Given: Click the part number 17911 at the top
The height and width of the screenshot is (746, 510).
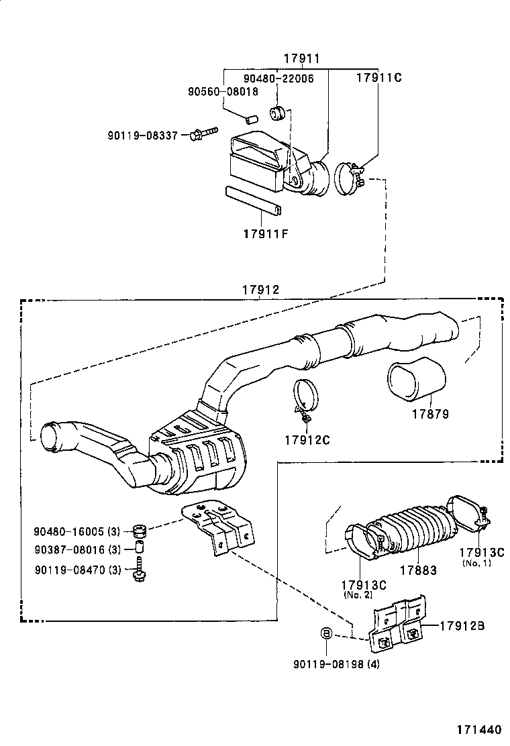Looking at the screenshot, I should click(x=301, y=59).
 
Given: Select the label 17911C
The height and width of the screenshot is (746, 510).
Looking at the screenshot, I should click(x=378, y=77).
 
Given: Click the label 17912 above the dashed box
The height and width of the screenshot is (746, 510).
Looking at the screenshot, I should click(x=261, y=290).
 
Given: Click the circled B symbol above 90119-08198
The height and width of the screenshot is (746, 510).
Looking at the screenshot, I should click(x=325, y=633).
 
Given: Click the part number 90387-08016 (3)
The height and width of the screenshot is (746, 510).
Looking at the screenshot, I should click(x=76, y=551).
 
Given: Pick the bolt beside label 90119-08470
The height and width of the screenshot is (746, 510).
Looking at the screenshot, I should click(x=140, y=571).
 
